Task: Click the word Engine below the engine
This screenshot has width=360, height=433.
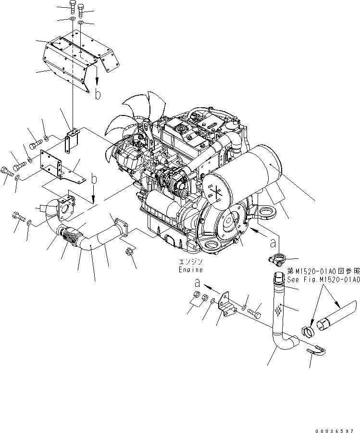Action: pyautogui.click(x=190, y=270)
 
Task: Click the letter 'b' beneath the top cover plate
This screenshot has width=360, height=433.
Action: pyautogui.click(x=98, y=93)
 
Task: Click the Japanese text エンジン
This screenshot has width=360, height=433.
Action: pyautogui.click(x=191, y=262)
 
